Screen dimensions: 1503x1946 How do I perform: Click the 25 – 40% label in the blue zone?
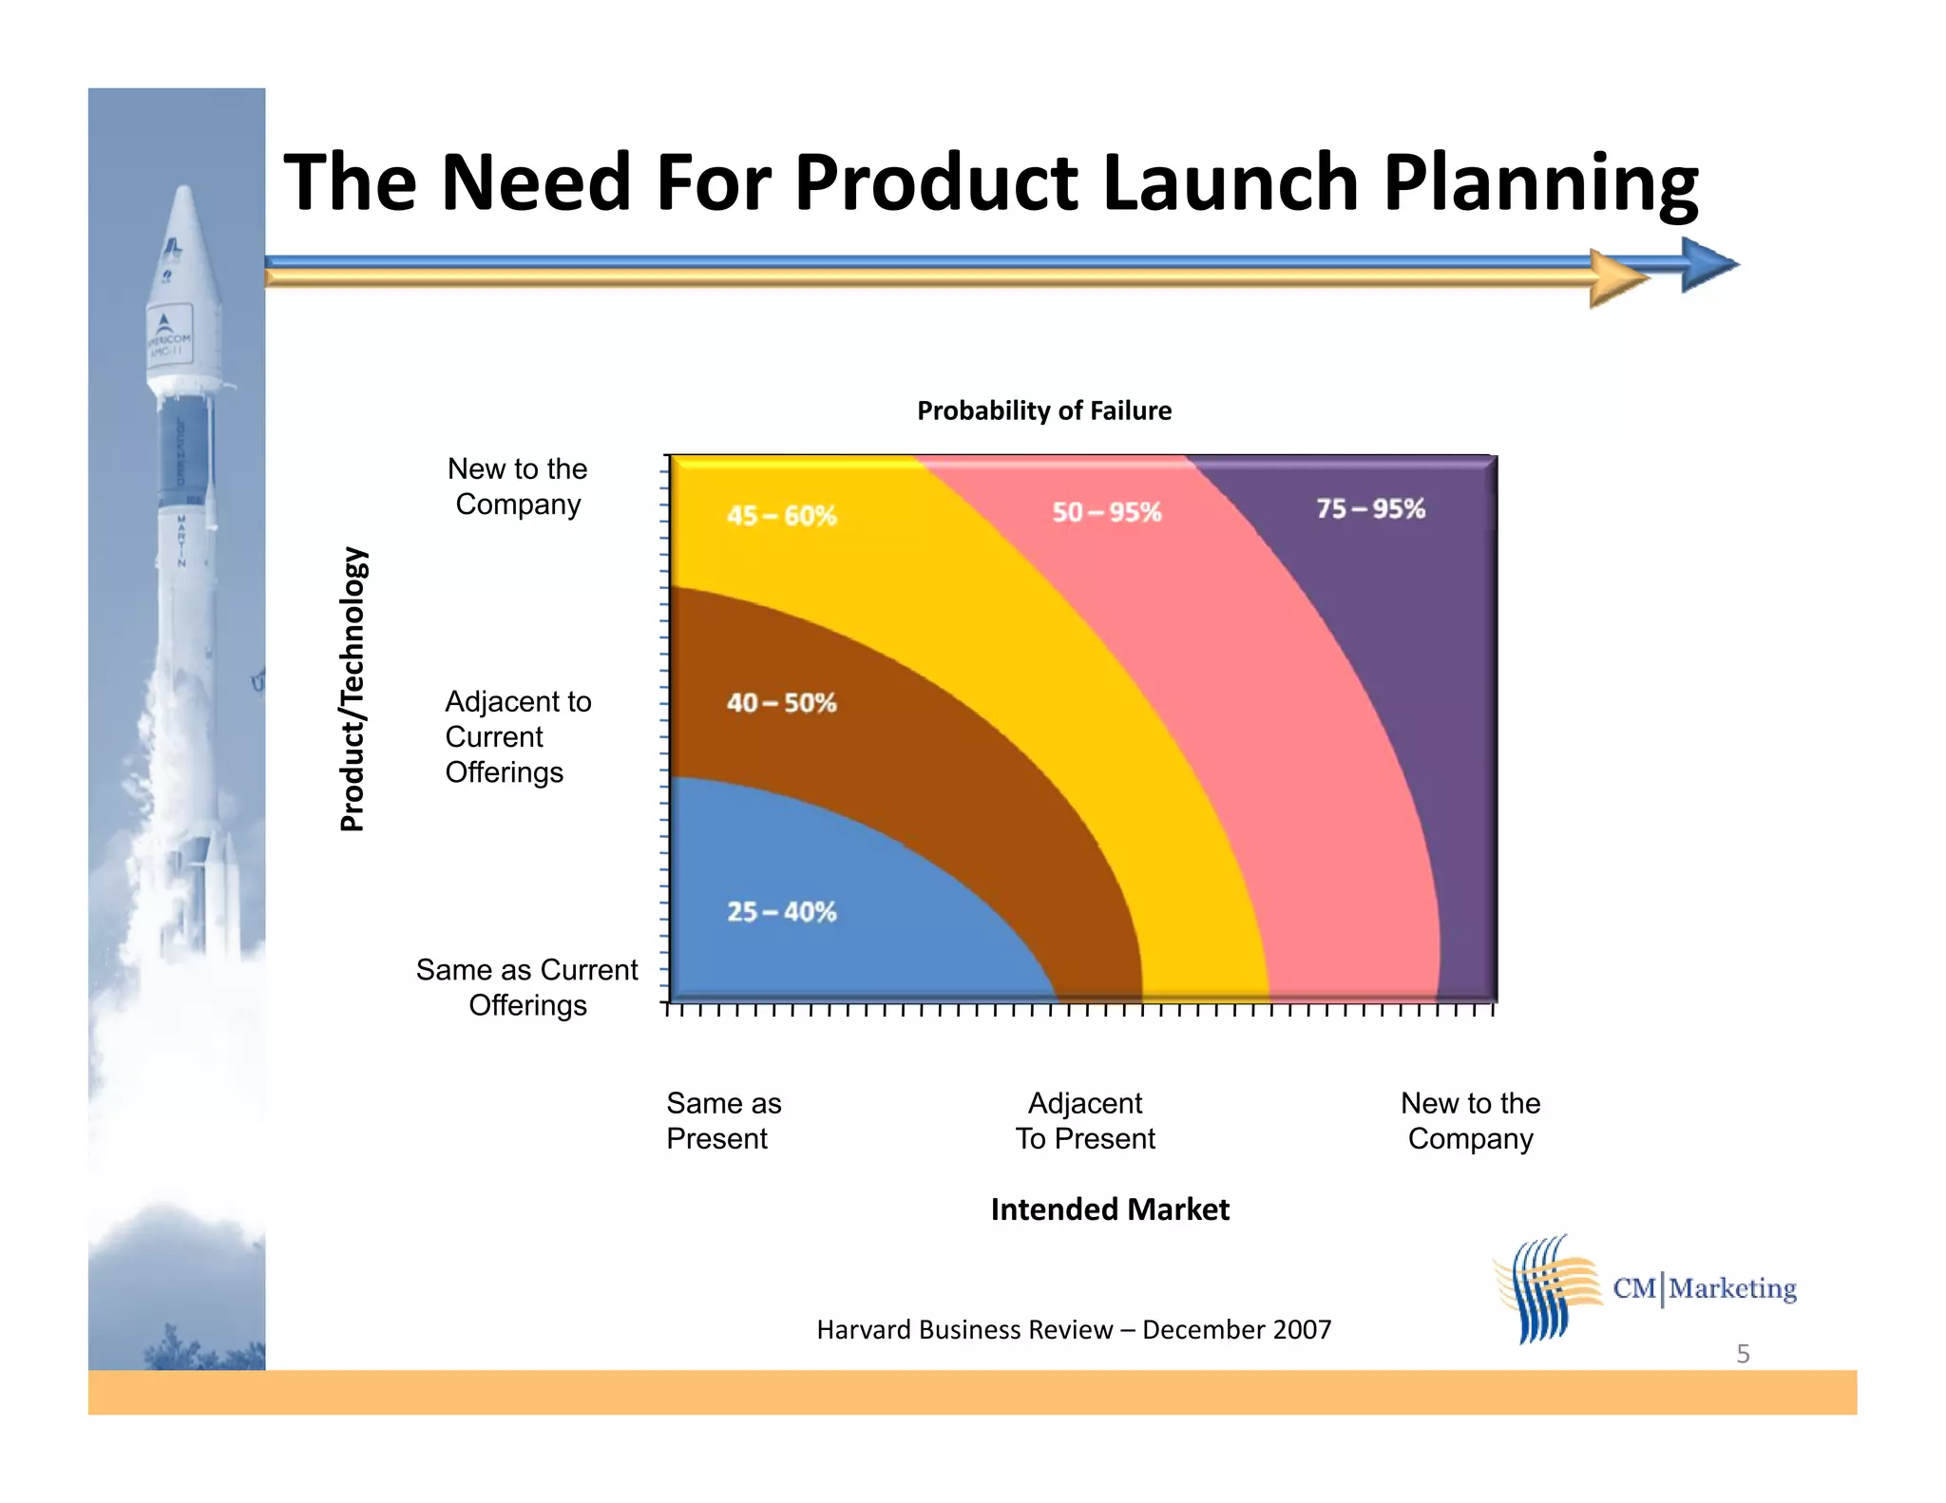tap(781, 911)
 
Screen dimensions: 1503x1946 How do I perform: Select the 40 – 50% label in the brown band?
tap(781, 703)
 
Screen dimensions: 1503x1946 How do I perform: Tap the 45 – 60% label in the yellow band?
tap(781, 516)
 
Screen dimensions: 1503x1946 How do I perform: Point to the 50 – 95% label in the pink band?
tap(1106, 512)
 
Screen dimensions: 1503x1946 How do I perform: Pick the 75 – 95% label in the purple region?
tap(1370, 508)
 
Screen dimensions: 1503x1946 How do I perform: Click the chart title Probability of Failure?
tap(1043, 410)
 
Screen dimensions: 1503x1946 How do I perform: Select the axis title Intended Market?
tap(1109, 1209)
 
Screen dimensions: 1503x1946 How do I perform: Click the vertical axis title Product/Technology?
tap(353, 689)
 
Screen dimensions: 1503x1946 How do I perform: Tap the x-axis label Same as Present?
tap(722, 1121)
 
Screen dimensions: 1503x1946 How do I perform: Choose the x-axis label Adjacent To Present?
tap(1085, 1121)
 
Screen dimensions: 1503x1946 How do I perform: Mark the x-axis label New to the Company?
tap(1470, 1121)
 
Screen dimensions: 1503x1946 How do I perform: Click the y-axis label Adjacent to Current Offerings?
tap(517, 736)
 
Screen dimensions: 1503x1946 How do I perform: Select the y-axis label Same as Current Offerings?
tap(526, 987)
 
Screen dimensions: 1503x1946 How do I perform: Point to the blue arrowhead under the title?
tap(1708, 264)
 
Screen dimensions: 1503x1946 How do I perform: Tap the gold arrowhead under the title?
tap(1616, 278)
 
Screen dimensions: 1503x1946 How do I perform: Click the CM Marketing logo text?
tap(1704, 1288)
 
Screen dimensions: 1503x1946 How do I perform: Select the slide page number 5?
tap(1743, 1354)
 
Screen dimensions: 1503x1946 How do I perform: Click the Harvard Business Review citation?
tap(1074, 1329)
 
